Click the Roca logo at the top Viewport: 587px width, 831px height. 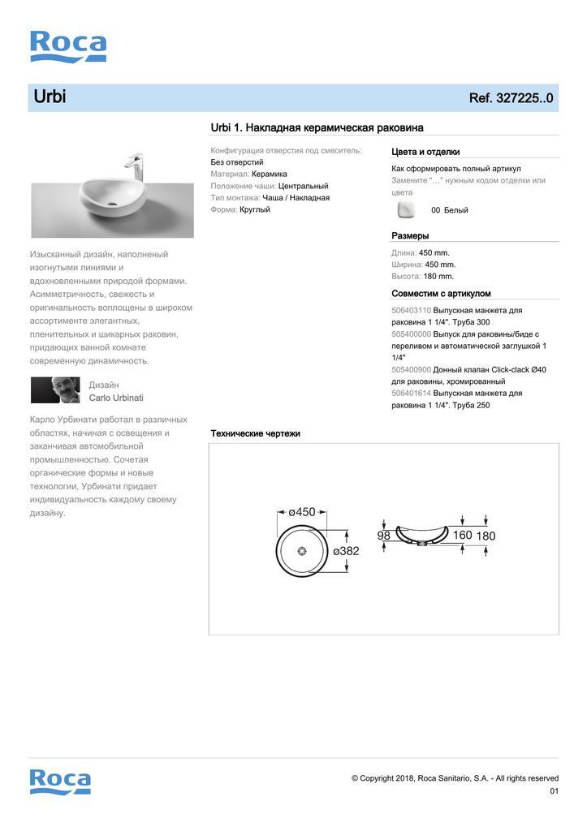[68, 46]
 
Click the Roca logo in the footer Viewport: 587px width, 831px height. [60, 781]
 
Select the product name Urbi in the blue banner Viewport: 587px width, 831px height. [50, 97]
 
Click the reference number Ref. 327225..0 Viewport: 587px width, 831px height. [511, 98]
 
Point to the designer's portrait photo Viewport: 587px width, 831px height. [56, 390]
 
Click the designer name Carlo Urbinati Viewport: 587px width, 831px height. [116, 398]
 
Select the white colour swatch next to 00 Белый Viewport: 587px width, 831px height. [405, 210]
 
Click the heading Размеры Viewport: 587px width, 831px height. [410, 236]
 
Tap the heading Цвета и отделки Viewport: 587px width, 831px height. [425, 152]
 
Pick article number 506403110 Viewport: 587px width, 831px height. [411, 311]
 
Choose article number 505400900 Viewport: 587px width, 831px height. [411, 370]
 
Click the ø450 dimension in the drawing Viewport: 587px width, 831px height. [301, 512]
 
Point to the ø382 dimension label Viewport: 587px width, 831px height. [346, 551]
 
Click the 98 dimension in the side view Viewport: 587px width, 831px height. [384, 536]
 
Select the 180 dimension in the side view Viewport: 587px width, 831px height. [486, 536]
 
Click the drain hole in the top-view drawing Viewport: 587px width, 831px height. [302, 552]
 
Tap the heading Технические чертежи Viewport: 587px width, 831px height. [255, 434]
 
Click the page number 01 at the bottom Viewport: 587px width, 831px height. [554, 791]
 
